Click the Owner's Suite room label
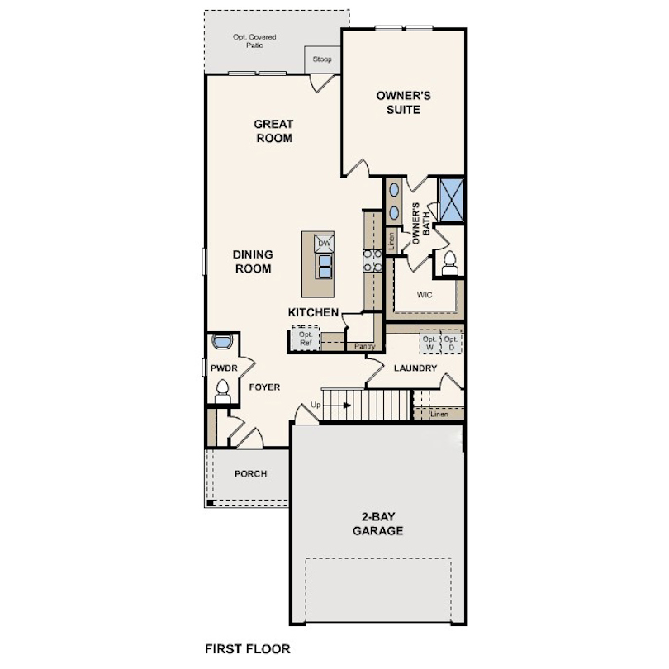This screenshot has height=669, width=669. coord(404,102)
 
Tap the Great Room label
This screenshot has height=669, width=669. coord(273,131)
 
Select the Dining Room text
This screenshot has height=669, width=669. coord(253,262)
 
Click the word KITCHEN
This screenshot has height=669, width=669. coord(313,312)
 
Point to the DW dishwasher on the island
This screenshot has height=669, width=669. coord(325,244)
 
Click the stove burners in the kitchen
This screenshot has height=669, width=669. coord(372,261)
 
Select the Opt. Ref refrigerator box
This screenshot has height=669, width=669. coord(305,339)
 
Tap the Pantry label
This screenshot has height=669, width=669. coord(364,347)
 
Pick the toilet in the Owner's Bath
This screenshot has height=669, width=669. coord(449,262)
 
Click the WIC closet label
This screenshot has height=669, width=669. coord(425,293)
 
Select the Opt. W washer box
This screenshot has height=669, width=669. coord(429,342)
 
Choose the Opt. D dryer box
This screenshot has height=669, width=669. coord(451,342)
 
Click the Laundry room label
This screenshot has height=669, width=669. coord(415,368)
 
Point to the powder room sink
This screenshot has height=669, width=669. coord(221,341)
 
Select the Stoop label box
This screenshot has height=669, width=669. coord(322,59)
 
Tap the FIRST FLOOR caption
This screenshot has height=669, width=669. coord(247,649)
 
